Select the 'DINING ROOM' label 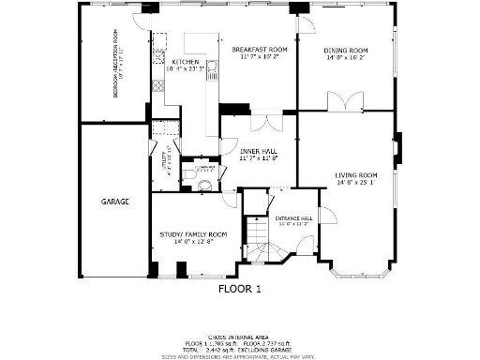[346, 51]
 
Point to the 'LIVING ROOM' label [356, 175]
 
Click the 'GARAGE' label [115, 202]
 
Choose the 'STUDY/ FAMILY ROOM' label [192, 233]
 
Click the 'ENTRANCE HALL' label [293, 218]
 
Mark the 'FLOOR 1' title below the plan [239, 289]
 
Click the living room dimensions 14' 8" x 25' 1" [356, 184]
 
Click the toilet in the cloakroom [189, 174]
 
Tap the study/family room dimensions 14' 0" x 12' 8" [192, 242]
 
